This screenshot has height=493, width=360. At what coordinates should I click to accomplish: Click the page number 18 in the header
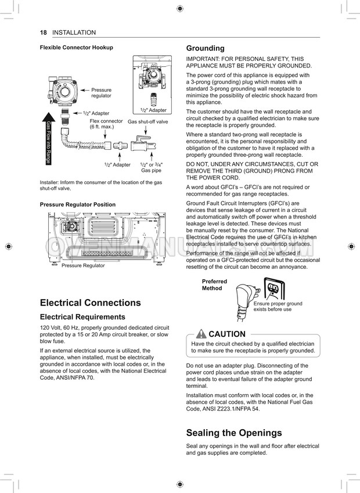[43, 33]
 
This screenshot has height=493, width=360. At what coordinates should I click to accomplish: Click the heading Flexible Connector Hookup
[76, 48]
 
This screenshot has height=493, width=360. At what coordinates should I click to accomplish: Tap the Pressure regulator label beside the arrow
[101, 93]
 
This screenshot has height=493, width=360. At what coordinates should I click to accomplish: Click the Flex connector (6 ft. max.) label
[106, 124]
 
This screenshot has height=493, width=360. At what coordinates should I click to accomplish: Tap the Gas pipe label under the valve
[152, 171]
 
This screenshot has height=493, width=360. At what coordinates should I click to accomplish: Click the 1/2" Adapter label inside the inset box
[153, 110]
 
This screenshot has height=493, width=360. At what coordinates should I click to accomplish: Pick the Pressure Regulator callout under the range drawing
[83, 265]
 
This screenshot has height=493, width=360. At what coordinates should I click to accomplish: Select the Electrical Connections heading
[90, 303]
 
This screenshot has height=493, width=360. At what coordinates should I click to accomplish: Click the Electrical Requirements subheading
[82, 317]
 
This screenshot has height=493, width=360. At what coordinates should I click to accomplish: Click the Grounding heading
[204, 48]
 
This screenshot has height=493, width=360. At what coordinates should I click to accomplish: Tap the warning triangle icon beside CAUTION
[201, 334]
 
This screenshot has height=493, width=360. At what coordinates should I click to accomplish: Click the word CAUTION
[226, 334]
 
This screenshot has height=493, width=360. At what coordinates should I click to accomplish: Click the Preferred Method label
[214, 285]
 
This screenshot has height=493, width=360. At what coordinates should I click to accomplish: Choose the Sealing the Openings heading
[233, 433]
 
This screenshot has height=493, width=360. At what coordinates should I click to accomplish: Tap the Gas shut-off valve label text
[147, 122]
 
